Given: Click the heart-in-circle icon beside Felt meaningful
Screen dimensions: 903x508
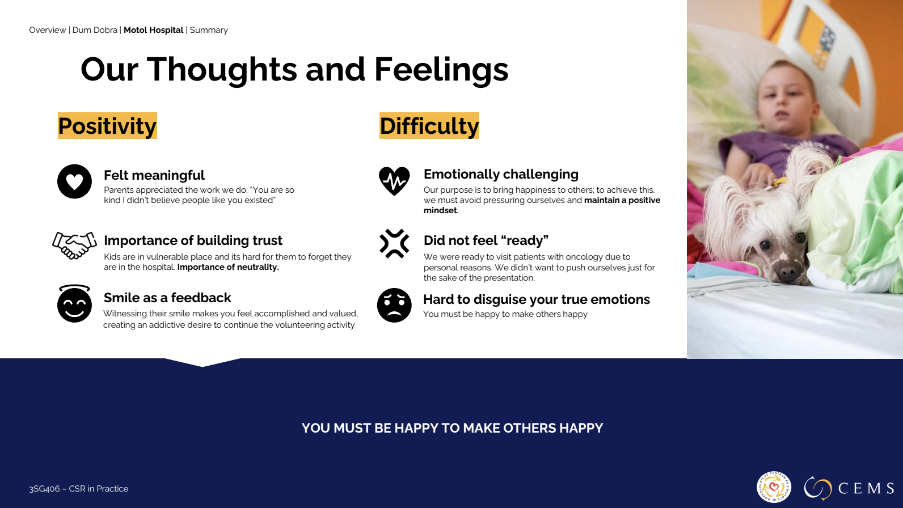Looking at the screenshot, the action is click(74, 181).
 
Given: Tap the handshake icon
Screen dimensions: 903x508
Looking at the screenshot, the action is click(74, 245).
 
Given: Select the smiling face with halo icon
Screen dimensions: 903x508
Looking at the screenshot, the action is click(74, 304).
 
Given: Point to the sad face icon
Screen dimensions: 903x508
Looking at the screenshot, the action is click(394, 305).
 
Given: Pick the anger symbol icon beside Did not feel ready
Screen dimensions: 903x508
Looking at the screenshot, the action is click(394, 243).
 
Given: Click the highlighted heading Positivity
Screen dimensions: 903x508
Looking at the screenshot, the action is click(107, 126).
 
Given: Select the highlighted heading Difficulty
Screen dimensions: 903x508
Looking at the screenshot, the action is click(429, 126).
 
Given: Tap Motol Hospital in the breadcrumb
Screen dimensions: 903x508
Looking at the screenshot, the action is click(153, 30).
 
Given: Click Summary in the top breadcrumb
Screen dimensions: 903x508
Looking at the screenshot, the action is click(209, 30).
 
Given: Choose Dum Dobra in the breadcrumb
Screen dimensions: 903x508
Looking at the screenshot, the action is click(95, 30).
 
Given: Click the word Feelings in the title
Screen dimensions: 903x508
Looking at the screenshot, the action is click(441, 70).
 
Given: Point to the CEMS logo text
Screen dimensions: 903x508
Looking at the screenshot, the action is click(866, 489).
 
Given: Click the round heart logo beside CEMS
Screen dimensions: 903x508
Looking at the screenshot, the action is click(774, 487).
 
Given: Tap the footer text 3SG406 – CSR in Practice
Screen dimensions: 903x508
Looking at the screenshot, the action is click(79, 489).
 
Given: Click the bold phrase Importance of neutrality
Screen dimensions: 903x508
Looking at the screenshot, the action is click(228, 267).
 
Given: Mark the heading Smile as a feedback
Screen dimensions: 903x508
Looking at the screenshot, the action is click(167, 298).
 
